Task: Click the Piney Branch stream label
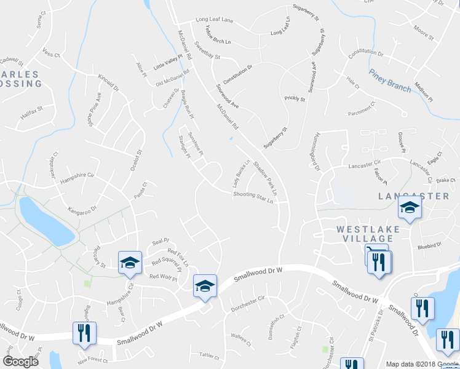[390, 81]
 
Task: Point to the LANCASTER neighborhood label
[413, 196]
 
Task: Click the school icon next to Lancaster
[410, 209]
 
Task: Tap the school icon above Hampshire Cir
[130, 263]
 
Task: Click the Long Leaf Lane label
[215, 20]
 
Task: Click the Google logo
[21, 362]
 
